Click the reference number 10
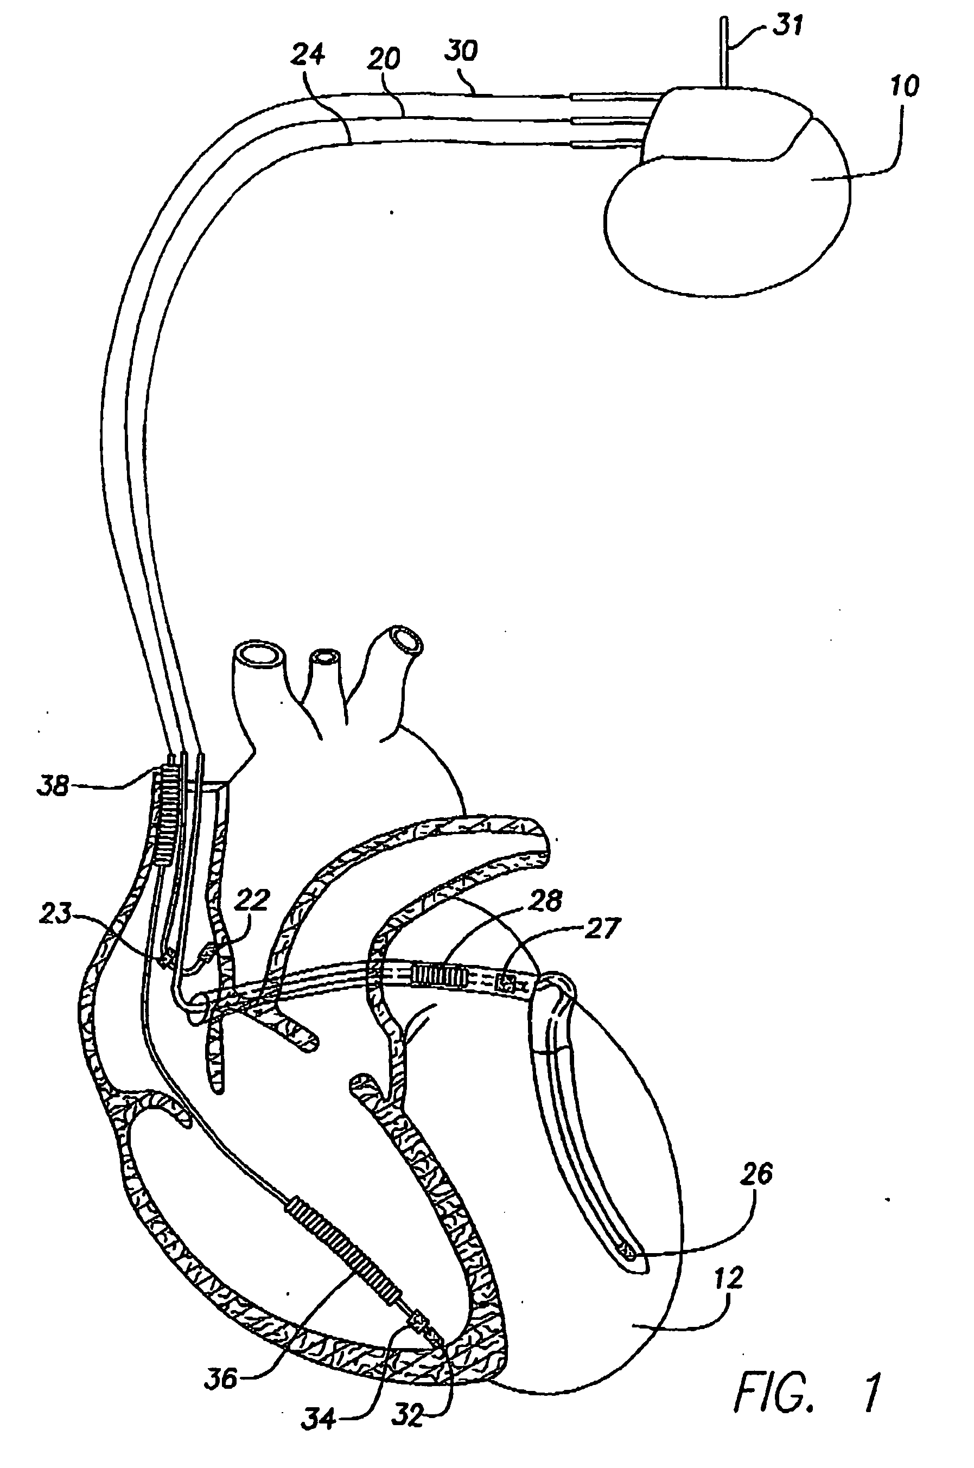tap(905, 86)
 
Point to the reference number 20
tap(384, 59)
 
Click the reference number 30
tap(461, 50)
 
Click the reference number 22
tap(253, 900)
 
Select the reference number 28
tap(546, 900)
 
